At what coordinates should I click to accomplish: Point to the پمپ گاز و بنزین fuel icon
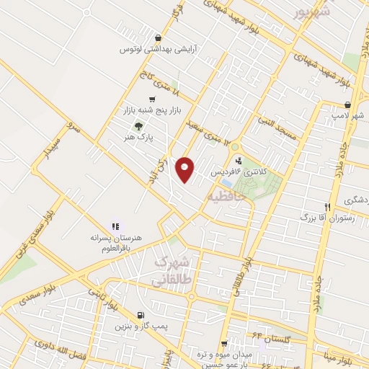click(x=140, y=315)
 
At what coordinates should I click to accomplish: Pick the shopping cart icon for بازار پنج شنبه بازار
click(x=151, y=99)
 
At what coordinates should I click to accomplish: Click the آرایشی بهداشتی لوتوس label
click(x=158, y=49)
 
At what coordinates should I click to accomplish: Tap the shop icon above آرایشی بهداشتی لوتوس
click(x=158, y=37)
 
